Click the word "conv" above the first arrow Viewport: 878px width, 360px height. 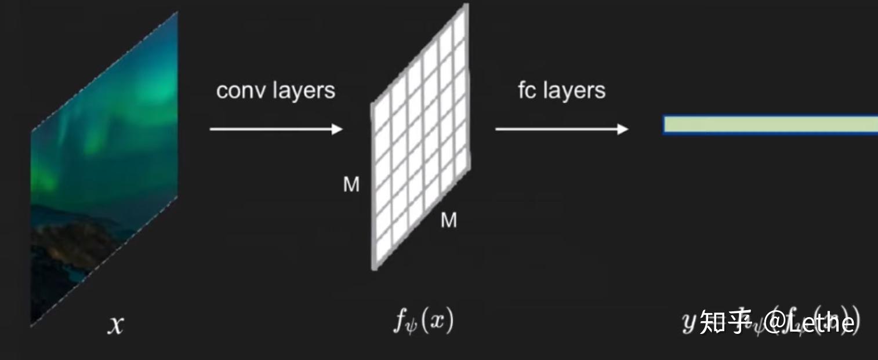[x=235, y=91]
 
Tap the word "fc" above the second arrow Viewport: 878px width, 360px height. [x=527, y=90]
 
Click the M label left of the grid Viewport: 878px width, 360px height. [x=351, y=185]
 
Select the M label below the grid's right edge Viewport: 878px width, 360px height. [x=449, y=220]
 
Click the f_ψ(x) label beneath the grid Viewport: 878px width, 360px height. [x=423, y=321]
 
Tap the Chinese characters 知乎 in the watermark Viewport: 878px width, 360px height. [x=725, y=322]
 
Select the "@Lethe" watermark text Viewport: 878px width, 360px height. [x=810, y=322]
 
